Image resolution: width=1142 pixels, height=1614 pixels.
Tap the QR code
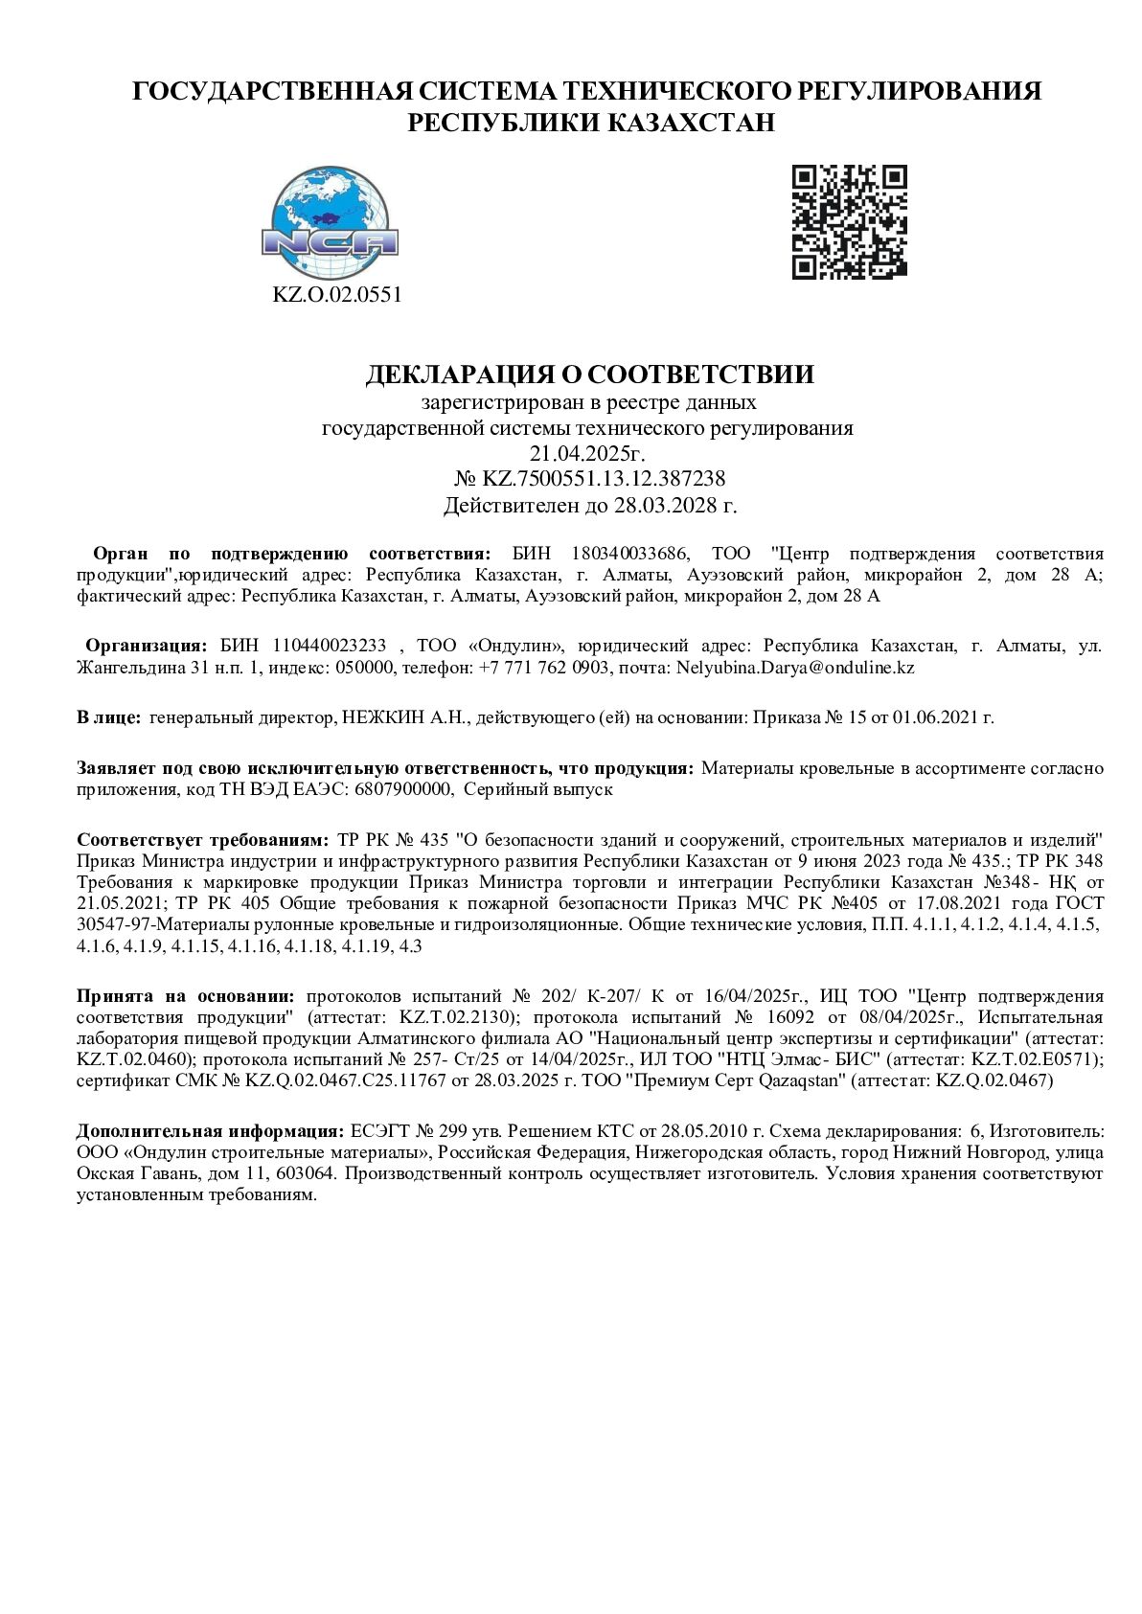(x=849, y=221)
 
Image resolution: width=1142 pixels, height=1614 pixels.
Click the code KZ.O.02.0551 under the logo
(x=337, y=295)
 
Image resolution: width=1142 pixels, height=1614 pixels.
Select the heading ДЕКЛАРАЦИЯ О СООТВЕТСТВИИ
(x=589, y=374)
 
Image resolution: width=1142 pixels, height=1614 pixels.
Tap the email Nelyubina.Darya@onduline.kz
(x=795, y=668)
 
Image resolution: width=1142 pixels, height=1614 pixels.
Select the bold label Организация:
(x=147, y=646)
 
